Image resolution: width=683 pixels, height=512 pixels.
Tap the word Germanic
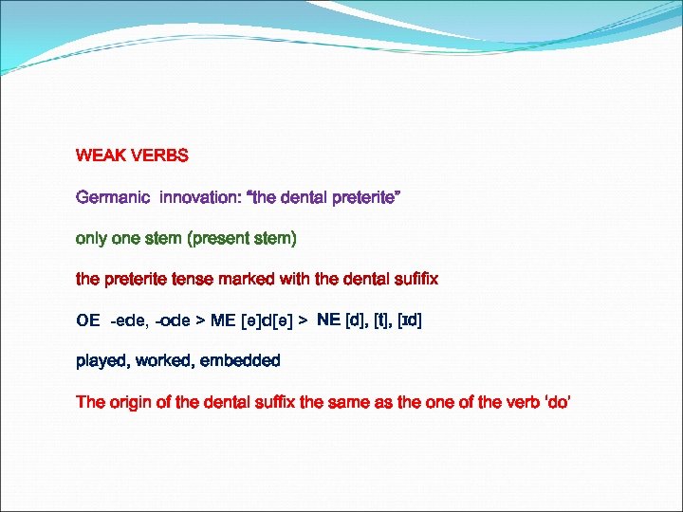tap(113, 197)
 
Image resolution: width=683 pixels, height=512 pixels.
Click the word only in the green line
tap(91, 238)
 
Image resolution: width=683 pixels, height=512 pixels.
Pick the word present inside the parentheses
tap(223, 238)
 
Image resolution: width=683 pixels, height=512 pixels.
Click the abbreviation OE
tap(88, 320)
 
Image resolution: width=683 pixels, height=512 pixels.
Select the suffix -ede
tap(129, 320)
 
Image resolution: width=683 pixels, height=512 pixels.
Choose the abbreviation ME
tap(223, 320)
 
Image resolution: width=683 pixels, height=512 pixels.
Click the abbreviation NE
tap(328, 320)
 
